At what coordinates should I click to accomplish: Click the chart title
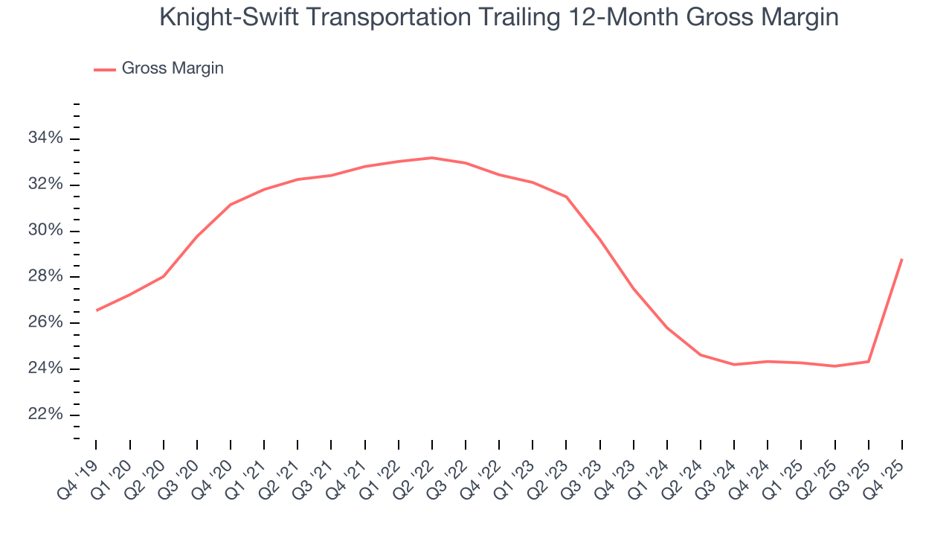pos(498,18)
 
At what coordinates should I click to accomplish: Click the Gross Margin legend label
pos(173,68)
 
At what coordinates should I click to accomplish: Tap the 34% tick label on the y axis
pos(45,138)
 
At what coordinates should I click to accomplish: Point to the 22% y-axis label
pos(45,415)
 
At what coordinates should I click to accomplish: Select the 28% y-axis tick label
pos(45,277)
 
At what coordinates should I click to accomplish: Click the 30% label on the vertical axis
pos(45,231)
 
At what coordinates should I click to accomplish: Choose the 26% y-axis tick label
pos(45,323)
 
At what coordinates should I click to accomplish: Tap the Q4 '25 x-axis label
pos(887,470)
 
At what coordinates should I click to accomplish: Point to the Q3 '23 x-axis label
pos(585,470)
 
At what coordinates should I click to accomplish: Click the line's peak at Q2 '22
pos(431,158)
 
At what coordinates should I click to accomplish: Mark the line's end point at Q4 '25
pos(902,259)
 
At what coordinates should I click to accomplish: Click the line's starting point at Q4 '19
pos(97,310)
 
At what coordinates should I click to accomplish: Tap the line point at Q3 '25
pos(869,362)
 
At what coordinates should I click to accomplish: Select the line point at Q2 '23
pos(566,197)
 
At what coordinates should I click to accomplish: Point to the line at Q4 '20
pos(231,204)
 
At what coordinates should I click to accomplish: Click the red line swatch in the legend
pos(104,69)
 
